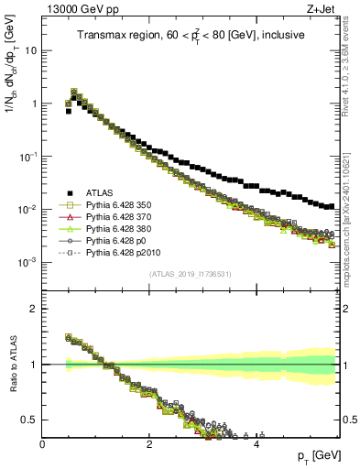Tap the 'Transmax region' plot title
[x=191, y=36]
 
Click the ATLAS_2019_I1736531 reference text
[x=191, y=275]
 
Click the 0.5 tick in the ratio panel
[x=29, y=420]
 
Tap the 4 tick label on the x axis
[x=256, y=444]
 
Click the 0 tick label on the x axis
[x=43, y=444]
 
